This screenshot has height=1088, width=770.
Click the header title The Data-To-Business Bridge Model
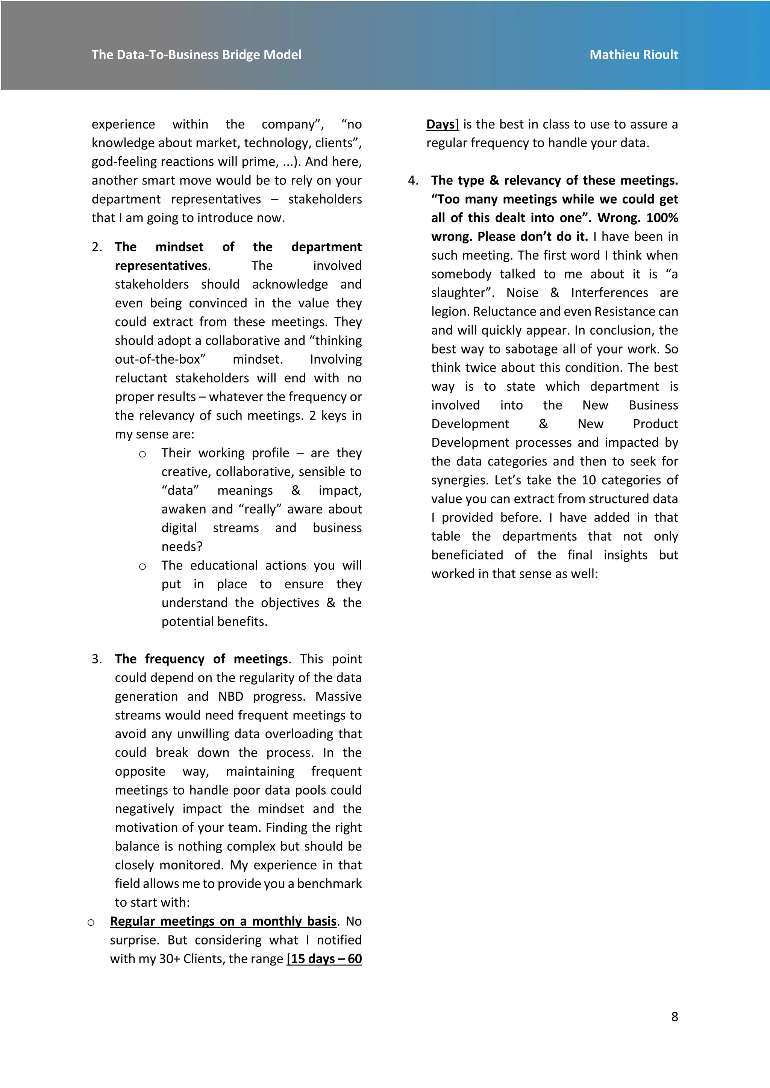point(196,54)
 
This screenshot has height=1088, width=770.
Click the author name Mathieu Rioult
point(634,54)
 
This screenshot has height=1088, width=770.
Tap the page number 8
point(674,1017)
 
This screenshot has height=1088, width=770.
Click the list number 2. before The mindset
point(97,247)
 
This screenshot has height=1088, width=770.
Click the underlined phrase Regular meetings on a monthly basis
point(223,921)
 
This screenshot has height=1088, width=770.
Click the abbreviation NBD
point(230,696)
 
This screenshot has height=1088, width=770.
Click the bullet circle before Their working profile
point(142,454)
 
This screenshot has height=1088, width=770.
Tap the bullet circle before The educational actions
point(142,566)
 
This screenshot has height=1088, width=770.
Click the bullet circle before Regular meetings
point(91,922)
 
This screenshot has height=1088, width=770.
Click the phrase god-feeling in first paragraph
point(122,162)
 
